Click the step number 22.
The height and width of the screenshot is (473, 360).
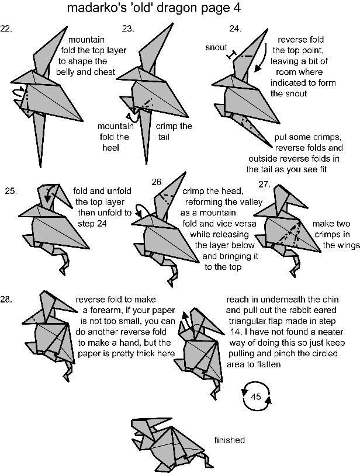pyautogui.click(x=6, y=29)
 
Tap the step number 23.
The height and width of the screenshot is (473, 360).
pyautogui.click(x=128, y=29)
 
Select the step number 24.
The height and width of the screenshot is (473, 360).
pyautogui.click(x=236, y=29)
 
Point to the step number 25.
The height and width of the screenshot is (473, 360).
pyautogui.click(x=11, y=191)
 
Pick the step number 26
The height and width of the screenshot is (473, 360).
pyautogui.click(x=157, y=182)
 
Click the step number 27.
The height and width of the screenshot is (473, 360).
pyautogui.click(x=264, y=184)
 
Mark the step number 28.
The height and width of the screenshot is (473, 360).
pyautogui.click(x=6, y=300)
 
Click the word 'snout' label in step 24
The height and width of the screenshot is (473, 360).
pyautogui.click(x=216, y=47)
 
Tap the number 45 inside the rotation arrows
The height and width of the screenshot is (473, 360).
pyautogui.click(x=256, y=397)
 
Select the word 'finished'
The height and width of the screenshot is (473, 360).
pyautogui.click(x=230, y=440)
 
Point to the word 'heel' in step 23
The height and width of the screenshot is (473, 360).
pyautogui.click(x=111, y=148)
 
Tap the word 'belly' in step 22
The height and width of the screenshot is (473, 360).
pyautogui.click(x=65, y=72)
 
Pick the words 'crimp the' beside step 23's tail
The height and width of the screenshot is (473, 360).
pyautogui.click(x=174, y=126)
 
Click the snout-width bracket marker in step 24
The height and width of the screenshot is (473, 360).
pyautogui.click(x=231, y=55)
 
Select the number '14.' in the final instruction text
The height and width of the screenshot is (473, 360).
pyautogui.click(x=236, y=332)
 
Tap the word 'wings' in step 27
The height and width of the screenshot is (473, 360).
pyautogui.click(x=341, y=245)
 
